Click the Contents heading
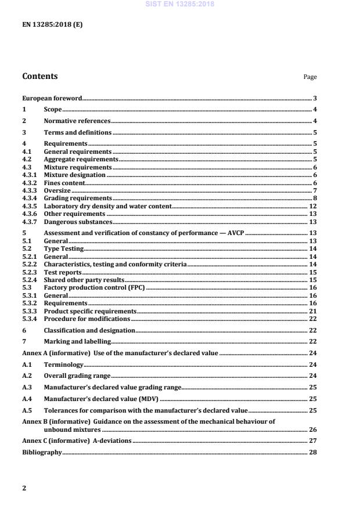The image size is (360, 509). pos(39,76)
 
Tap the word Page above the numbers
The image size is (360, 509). pos(310,77)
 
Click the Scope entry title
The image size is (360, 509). pos(52,110)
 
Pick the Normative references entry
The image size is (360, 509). pos(77,121)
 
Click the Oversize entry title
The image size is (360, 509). pos(57,190)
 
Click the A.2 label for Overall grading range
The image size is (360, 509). pos(27,376)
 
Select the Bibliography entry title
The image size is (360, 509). pos(41,452)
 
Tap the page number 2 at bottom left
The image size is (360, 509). pos(24,488)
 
